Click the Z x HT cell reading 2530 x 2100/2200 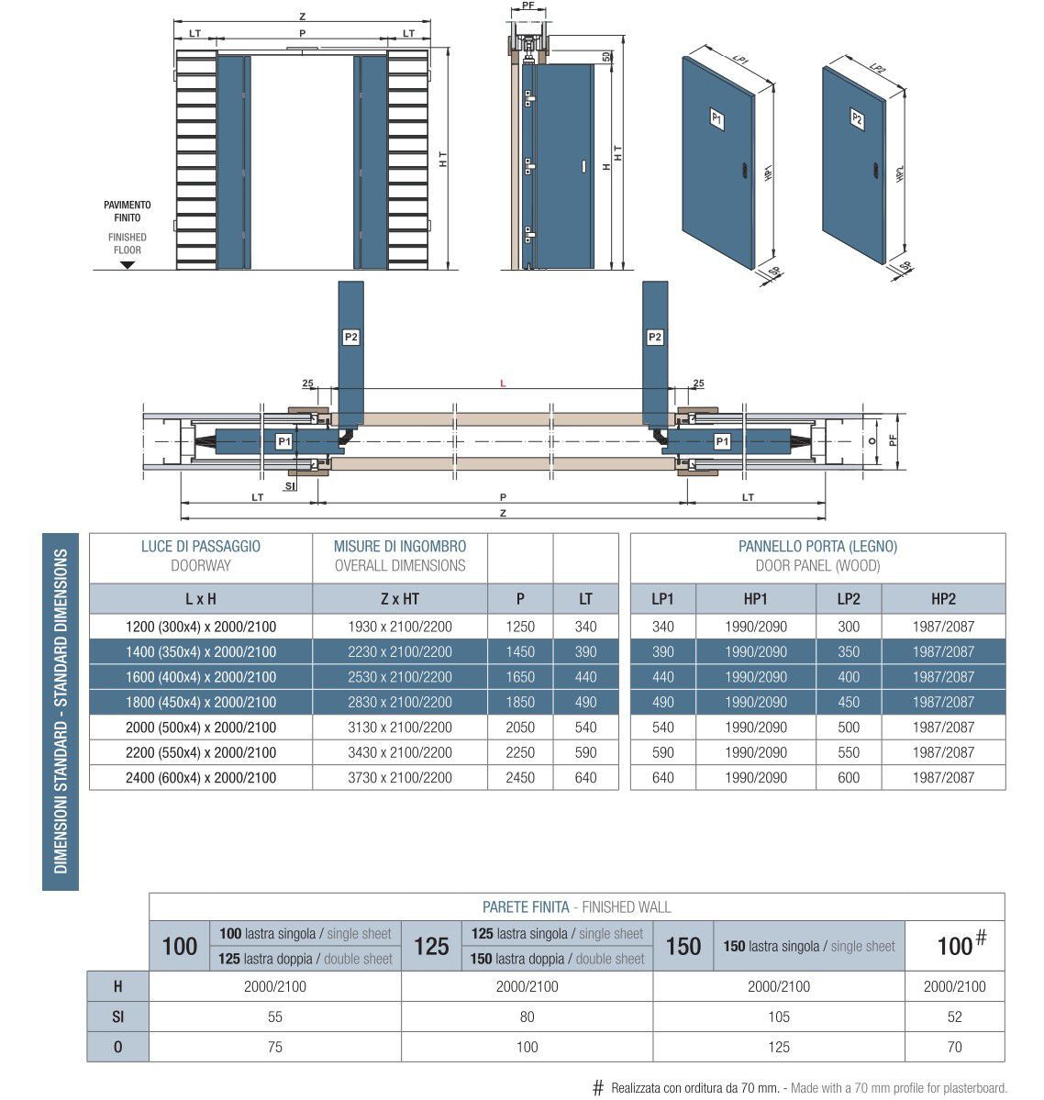click(x=399, y=677)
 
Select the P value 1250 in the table click(x=520, y=627)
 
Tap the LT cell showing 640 click(x=585, y=777)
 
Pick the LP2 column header click(x=849, y=599)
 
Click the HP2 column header click(x=943, y=599)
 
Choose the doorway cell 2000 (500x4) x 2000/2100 click(x=201, y=728)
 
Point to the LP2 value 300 click(x=849, y=627)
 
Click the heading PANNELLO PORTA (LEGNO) click(x=817, y=547)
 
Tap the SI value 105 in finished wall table click(x=779, y=1017)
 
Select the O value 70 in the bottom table click(x=954, y=1047)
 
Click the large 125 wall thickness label click(x=431, y=946)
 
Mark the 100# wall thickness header click(x=959, y=944)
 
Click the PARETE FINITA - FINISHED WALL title click(x=576, y=907)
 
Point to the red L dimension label click(x=503, y=383)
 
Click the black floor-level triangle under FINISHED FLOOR click(x=128, y=265)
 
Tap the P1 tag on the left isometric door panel click(x=717, y=118)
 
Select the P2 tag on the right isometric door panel click(x=857, y=118)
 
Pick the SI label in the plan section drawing click(x=290, y=485)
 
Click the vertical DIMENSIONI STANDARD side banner click(x=61, y=710)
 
